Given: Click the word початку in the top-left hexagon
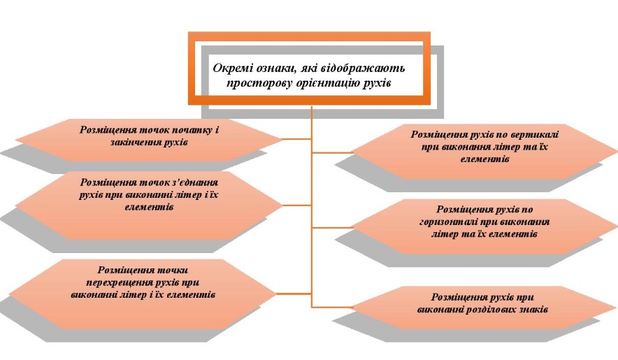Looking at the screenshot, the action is coord(193,130).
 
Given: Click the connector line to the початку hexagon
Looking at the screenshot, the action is coord(297,139).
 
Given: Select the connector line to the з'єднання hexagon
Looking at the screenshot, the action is coord(297,206).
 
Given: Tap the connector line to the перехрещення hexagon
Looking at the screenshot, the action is coord(294,294).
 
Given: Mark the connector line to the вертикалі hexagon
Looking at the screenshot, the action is coord(332,152).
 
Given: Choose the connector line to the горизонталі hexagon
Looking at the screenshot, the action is coord(332,228).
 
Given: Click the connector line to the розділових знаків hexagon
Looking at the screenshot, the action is coord(332,307).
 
